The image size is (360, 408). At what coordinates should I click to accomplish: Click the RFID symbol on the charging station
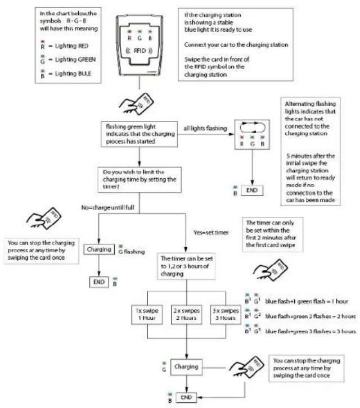coord(139,51)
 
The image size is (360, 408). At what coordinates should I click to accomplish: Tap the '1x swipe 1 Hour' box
coord(147,314)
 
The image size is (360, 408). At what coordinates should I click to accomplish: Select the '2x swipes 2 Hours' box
coord(187,314)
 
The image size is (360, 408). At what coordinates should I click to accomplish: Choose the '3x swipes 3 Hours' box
coord(226,314)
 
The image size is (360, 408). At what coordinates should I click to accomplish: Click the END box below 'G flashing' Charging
coord(99,282)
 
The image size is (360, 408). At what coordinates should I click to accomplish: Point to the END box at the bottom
coord(186,397)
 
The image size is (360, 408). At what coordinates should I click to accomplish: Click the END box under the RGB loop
coord(252,191)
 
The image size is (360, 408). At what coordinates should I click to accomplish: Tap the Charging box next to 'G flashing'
coord(99,250)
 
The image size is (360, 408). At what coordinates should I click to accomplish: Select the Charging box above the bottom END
coord(186,367)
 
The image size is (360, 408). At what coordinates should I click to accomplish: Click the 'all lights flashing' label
coord(205,128)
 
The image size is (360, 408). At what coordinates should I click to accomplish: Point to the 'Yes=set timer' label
coord(211,233)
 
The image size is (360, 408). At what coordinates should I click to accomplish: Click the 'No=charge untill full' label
coord(108,207)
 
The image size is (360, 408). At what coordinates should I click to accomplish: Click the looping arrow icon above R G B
coord(253,128)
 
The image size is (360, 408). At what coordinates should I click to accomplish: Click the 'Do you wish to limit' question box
coord(139,180)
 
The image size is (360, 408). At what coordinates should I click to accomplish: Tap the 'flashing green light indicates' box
coord(139,134)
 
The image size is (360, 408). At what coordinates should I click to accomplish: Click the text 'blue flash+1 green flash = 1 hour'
coord(307,302)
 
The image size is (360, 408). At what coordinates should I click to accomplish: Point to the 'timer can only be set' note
coord(273,234)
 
